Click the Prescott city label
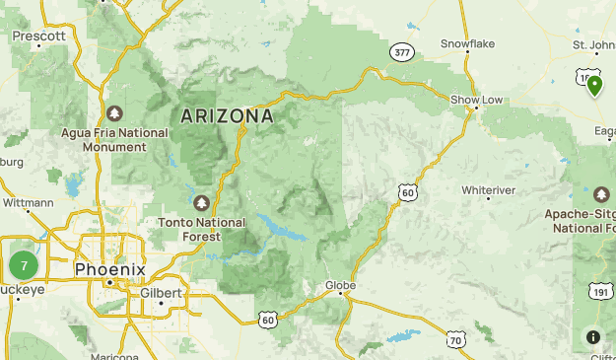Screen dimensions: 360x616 (38, 36)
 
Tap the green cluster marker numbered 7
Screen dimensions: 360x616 (24, 264)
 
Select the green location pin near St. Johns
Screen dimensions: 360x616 (594, 86)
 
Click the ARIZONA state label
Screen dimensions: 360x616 (227, 116)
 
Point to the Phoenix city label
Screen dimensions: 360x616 (110, 269)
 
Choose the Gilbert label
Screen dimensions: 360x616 (161, 293)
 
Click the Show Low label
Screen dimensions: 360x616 (478, 101)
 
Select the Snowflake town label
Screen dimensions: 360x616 (467, 43)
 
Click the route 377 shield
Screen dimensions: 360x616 (401, 53)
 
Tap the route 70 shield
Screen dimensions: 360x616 (454, 340)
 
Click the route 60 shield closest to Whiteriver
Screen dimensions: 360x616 (407, 193)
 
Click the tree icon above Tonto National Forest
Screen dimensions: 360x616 (202, 203)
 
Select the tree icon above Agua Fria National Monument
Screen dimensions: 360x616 (116, 112)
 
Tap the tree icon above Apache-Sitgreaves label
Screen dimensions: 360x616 (601, 193)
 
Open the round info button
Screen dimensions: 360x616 (593, 337)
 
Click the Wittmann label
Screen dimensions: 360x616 (28, 203)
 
